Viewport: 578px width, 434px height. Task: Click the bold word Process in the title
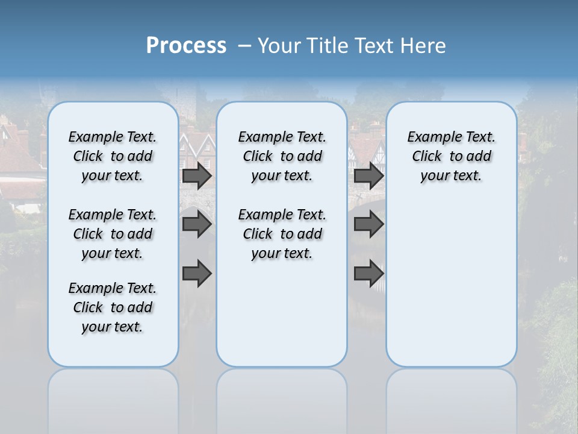pos(186,46)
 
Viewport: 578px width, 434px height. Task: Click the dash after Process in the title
pos(244,46)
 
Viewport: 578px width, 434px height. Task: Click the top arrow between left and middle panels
pos(197,176)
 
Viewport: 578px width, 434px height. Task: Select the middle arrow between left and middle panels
pos(197,225)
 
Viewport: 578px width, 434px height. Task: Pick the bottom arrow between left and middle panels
pos(197,274)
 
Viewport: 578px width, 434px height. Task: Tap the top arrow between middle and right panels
pos(368,176)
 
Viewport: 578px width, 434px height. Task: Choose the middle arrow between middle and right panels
pos(368,225)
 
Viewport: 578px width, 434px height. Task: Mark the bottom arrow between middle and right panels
pos(368,274)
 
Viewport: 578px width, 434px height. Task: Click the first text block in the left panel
pos(113,156)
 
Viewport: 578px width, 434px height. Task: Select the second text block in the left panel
pos(113,234)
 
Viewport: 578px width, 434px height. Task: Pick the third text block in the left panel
pos(113,307)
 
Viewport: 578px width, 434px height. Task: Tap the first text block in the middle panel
pos(282,156)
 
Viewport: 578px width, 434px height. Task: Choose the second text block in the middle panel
pos(282,234)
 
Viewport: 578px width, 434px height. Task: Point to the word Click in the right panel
pos(427,157)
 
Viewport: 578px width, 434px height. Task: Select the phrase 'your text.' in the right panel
pos(451,176)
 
